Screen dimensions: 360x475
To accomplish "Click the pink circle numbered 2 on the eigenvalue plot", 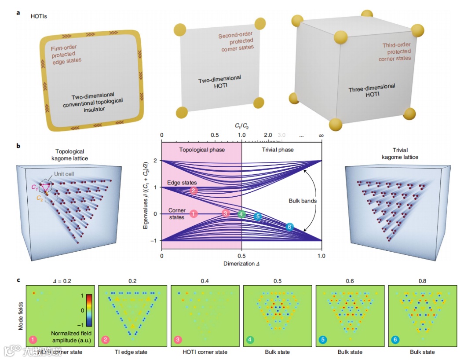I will (x=194, y=191).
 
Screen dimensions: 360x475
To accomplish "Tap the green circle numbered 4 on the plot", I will (x=241, y=214).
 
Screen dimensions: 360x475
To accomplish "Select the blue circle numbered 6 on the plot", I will (x=289, y=227).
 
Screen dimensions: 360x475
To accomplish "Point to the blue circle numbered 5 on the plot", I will (x=258, y=217).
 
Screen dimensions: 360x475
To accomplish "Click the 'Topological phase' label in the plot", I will (x=202, y=150).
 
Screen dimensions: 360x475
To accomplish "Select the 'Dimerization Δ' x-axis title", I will (x=241, y=264).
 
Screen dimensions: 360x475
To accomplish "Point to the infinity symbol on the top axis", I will (x=322, y=135).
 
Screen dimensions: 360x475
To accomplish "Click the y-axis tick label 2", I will (x=156, y=161).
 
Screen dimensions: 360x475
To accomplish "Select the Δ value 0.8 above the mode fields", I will (x=422, y=279).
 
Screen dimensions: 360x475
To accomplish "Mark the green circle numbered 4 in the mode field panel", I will (x=250, y=340).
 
